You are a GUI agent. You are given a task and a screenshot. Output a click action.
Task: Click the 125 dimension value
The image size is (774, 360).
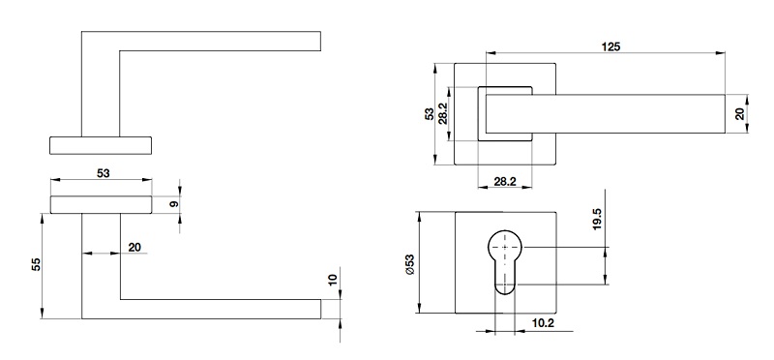tap(610, 45)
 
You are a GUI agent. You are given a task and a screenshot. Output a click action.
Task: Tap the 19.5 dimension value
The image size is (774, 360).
tap(597, 219)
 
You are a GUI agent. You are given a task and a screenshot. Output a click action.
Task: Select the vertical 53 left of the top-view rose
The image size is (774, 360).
tap(430, 114)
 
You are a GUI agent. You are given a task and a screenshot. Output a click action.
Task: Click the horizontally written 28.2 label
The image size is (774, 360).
tap(504, 181)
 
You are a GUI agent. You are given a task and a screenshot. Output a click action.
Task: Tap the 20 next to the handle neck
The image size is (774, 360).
tap(134, 248)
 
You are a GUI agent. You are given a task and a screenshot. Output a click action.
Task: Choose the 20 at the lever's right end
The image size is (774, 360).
tap(740, 113)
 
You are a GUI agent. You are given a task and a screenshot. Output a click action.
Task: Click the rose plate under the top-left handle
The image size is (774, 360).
tap(101, 145)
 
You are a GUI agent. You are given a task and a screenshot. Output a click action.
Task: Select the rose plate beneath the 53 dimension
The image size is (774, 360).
tap(101, 203)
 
